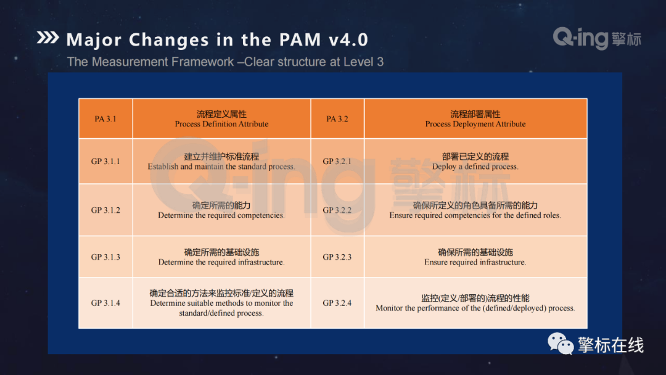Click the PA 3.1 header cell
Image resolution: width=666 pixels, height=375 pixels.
click(105, 118)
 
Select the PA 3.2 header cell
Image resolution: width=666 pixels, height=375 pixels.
click(337, 118)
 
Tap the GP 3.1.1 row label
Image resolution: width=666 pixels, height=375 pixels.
click(105, 162)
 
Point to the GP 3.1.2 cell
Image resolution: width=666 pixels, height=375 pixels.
click(105, 210)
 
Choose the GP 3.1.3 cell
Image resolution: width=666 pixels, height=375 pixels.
click(105, 257)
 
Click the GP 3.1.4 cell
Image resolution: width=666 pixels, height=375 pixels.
click(105, 303)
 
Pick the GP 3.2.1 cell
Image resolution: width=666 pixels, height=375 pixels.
click(337, 162)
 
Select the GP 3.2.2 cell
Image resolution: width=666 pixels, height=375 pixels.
click(337, 210)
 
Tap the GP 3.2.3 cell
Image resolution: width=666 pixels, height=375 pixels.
click(337, 257)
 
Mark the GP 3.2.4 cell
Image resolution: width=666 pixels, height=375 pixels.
click(337, 303)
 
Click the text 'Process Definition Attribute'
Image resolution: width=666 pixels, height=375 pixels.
click(221, 124)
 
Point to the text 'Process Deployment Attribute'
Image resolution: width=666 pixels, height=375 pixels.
click(475, 124)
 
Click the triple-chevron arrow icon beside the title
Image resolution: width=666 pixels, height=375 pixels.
click(47, 38)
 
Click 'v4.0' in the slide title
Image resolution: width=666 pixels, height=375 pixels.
click(348, 40)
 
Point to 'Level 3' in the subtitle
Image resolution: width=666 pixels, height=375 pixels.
click(363, 62)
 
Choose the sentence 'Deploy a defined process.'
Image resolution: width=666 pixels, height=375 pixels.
click(475, 167)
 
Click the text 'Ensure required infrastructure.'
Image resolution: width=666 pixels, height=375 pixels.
click(475, 262)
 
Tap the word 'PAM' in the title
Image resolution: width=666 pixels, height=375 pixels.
click(300, 40)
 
